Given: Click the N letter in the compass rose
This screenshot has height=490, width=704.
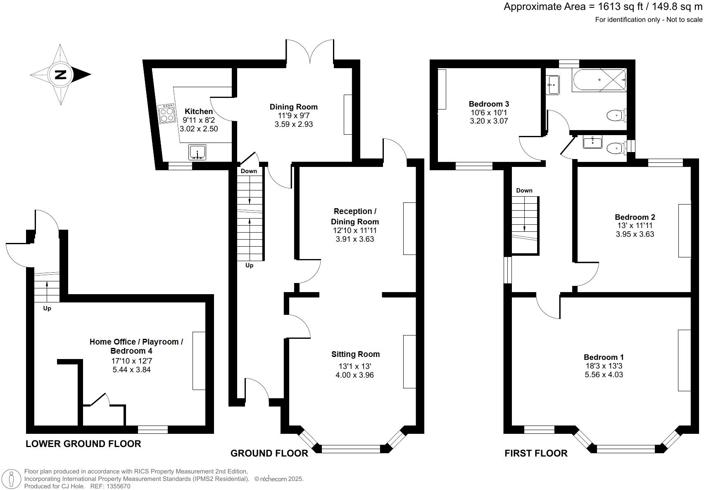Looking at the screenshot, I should coord(61,75).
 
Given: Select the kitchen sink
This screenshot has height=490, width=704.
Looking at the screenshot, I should coord(197,152).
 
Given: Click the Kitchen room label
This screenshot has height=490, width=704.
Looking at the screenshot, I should coord(199,111).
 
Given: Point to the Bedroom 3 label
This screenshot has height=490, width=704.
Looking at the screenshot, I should coord(489,104).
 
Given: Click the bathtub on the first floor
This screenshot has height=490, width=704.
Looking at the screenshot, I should coord(599,80).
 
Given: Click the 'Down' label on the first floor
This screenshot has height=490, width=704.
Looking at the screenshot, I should coord(524,190).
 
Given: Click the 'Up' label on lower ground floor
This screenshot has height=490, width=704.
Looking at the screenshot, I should coord(47,308).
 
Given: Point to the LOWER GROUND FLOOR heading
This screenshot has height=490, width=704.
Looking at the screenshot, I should coord(83,444).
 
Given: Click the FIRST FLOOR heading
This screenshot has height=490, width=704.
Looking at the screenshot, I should coord(536,453).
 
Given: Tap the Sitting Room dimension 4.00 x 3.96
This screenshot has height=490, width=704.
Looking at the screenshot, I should coord(355,375).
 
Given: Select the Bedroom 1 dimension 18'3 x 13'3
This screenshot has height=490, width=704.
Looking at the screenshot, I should coord(604,366).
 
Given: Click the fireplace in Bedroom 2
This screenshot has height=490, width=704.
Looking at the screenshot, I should coord(684,231).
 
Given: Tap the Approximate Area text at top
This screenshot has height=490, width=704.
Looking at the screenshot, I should coord(603,7).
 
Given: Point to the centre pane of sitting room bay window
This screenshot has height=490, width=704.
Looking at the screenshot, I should coord(351,449).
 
